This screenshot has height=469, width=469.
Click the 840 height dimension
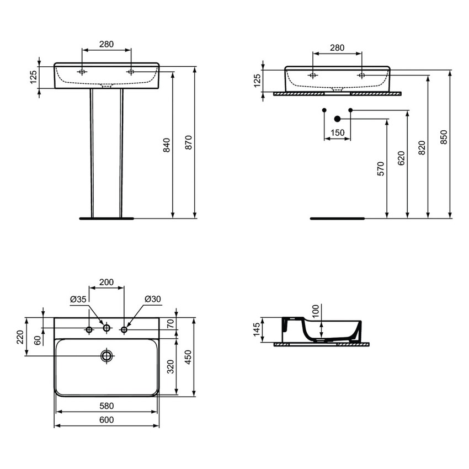pos(167,145)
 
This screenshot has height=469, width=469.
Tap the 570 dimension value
pos(380,169)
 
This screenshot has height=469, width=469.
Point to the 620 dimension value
pos(401,158)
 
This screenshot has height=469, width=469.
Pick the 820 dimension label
pos(422,147)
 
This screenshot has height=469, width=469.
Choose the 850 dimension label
pos(444,137)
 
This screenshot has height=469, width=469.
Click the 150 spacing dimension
pos(337,133)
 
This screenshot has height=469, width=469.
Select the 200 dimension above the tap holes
pos(106,283)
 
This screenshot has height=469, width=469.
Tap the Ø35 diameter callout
pos(78,299)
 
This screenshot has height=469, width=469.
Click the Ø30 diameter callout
pos(152,299)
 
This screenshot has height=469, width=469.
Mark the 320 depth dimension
pos(170,366)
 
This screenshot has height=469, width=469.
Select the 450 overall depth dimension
pos(188,358)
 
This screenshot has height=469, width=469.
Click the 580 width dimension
pos(106,406)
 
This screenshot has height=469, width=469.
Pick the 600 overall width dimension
pos(106,420)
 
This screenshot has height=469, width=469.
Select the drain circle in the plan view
pos(106,355)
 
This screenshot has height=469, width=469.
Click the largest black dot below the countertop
pos(338,118)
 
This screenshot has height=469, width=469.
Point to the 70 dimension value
pos(170,324)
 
